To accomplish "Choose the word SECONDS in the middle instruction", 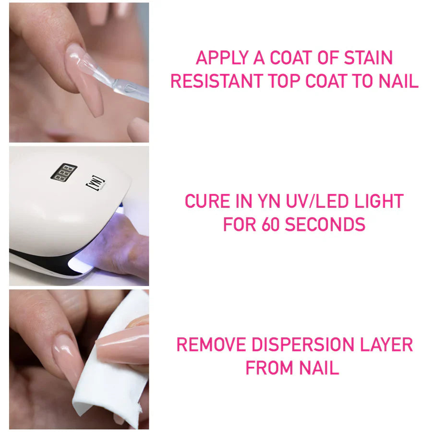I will click(x=325, y=224).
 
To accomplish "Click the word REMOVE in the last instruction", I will click(x=211, y=345).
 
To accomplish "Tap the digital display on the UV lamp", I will click(x=64, y=172).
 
